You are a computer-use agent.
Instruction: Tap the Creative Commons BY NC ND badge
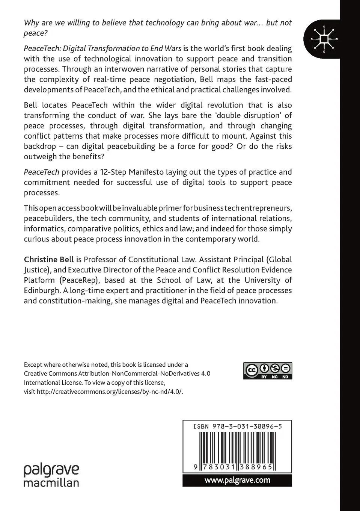[267, 370]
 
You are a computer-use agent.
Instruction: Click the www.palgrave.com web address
[237, 480]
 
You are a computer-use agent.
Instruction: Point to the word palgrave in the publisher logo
[51, 470]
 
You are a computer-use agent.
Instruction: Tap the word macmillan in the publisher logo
[51, 482]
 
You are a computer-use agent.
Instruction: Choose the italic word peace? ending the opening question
[36, 33]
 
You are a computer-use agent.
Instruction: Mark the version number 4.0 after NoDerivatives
[205, 373]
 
